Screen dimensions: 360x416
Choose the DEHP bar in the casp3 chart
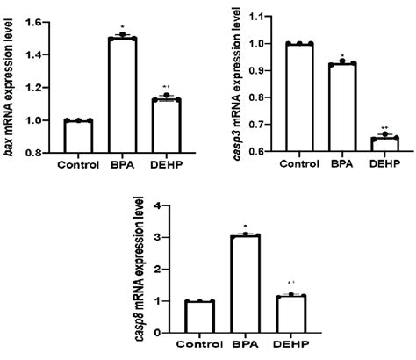click(x=384, y=144)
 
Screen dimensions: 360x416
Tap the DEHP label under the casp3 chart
click(x=384, y=163)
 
